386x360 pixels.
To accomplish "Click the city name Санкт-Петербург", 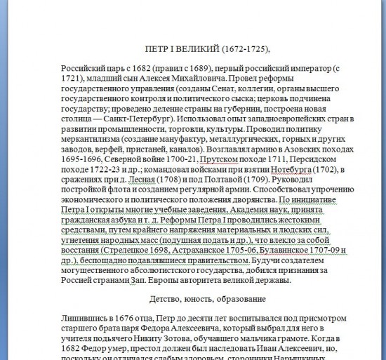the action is point(137,119).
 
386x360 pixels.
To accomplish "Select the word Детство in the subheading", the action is point(166,300).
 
